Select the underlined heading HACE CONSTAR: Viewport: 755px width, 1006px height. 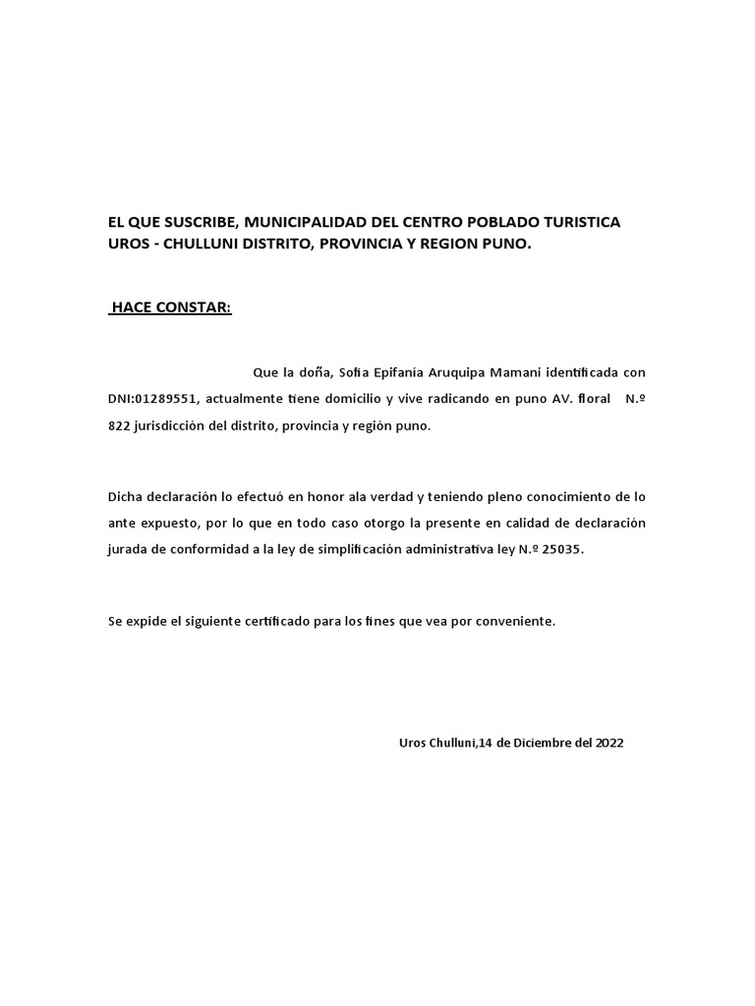click(x=171, y=307)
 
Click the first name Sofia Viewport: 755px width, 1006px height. click(x=358, y=373)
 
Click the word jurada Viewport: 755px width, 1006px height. click(x=128, y=550)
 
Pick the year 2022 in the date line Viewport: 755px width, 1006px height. click(x=608, y=743)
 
